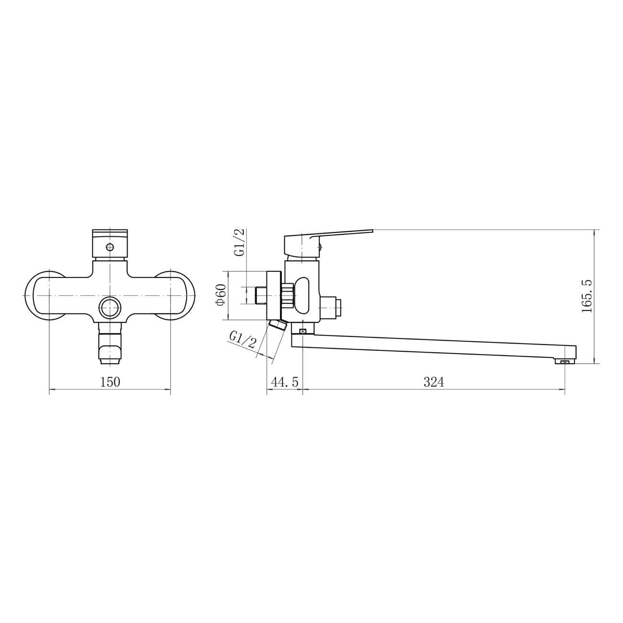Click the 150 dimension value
pos(110,382)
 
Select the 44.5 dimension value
pos(285,382)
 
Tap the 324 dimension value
pos(434,382)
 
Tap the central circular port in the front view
pos(110,307)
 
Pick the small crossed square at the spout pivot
pos(302,331)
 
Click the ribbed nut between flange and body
pos(288,295)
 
